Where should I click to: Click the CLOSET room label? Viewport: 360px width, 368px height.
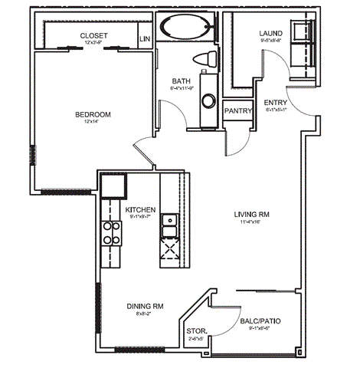pyautogui.click(x=93, y=35)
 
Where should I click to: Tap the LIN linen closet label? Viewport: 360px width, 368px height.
pyautogui.click(x=144, y=38)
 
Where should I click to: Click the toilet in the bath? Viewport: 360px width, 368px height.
pyautogui.click(x=205, y=59)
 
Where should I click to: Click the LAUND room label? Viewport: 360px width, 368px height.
pyautogui.click(x=271, y=34)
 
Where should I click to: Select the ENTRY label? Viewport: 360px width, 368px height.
pyautogui.click(x=275, y=102)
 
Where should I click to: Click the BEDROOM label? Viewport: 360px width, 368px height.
pyautogui.click(x=93, y=115)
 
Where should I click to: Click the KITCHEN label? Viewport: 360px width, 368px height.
pyautogui.click(x=141, y=209)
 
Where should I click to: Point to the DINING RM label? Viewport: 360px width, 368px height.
pyautogui.click(x=145, y=306)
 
